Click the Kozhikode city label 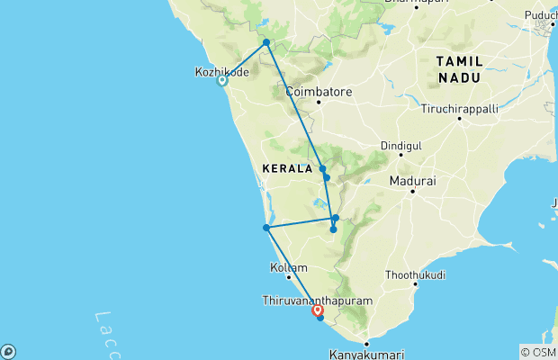[221, 71]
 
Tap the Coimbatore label [318, 92]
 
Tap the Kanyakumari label [366, 354]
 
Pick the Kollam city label [289, 267]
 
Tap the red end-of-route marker [317, 310]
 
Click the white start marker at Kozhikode [222, 81]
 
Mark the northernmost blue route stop [266, 42]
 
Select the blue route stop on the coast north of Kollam [266, 228]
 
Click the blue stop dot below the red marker [319, 318]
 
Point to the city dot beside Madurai [413, 191]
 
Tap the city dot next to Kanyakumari [366, 344]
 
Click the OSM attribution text [538, 352]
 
